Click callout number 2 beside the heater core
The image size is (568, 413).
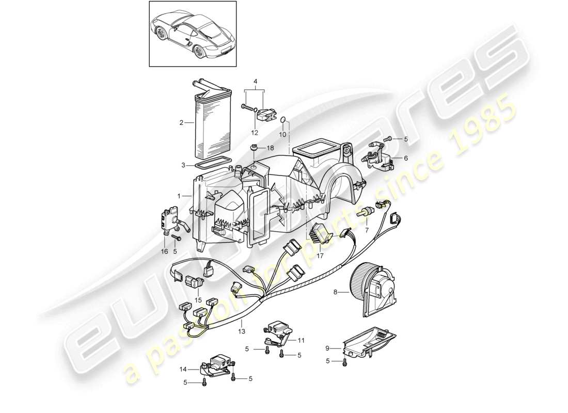[181, 123]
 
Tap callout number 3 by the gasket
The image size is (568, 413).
[255, 82]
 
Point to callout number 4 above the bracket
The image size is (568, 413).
[255, 82]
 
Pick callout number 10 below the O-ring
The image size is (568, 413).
[282, 134]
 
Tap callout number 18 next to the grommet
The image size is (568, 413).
[270, 148]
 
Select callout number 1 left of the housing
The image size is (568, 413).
[179, 196]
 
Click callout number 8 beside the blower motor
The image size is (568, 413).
[336, 293]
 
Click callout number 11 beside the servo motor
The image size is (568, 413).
[301, 340]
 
